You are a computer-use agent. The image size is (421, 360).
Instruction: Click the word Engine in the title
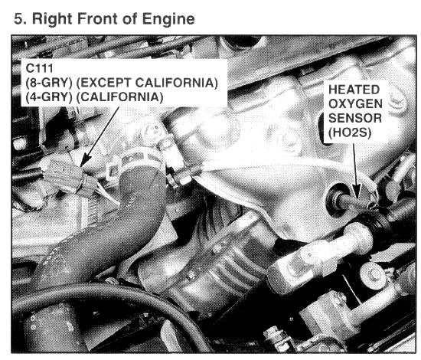168,20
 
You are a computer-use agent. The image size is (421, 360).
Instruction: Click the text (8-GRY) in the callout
49,83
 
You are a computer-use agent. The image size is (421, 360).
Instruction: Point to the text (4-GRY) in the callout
49,97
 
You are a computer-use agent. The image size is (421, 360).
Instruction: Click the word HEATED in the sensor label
354,90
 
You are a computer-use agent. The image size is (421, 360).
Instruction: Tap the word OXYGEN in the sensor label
355,104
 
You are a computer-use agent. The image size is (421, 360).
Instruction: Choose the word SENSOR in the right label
355,118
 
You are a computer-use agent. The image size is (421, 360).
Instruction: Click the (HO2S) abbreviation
350,133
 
